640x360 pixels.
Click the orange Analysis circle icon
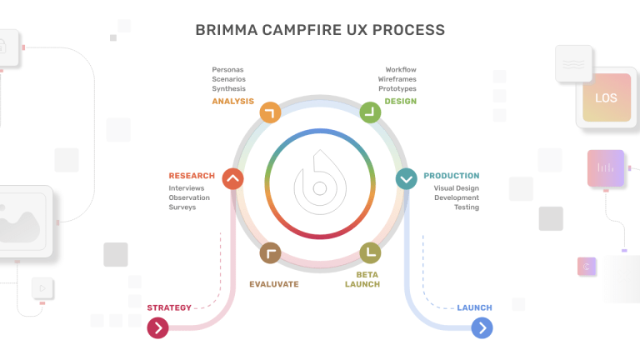[x=270, y=112]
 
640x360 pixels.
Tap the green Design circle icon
[x=369, y=112]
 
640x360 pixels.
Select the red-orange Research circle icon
[x=232, y=177]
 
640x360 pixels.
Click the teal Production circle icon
[x=406, y=177]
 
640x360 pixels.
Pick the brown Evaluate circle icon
[x=270, y=252]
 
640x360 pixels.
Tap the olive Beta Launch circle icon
[x=369, y=252]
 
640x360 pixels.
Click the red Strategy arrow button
[x=157, y=328]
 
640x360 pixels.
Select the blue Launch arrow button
[x=482, y=328]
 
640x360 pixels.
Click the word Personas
[x=227, y=69]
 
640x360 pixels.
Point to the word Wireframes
[x=397, y=79]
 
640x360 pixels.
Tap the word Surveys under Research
[x=182, y=207]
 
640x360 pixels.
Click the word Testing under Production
[x=466, y=207]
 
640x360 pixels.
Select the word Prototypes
[x=397, y=89]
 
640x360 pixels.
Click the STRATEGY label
[x=169, y=307]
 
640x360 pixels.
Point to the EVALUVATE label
[x=273, y=284]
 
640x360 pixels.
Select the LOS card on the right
[x=606, y=98]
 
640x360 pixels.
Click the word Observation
[x=189, y=197]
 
